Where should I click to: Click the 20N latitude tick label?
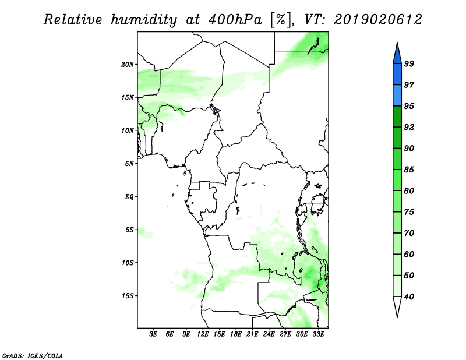coord(128,65)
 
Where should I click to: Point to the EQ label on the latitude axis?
coord(129,197)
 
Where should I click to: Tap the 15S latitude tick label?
coord(128,296)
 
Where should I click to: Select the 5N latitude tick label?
coord(129,164)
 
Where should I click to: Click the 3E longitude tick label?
coord(153,334)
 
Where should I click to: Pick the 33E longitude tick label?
coord(318,334)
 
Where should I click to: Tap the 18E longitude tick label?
coord(236,334)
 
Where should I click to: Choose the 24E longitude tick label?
coord(269,334)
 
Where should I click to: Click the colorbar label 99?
coord(409,63)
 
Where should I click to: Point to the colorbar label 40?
coord(409,297)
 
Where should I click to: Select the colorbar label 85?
coord(409,170)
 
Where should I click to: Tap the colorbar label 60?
coord(409,254)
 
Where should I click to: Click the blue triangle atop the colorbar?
coord(397,54)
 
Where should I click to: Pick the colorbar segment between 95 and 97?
coord(397,96)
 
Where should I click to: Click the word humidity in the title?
coord(144,20)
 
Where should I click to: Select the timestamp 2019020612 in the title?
coord(377,20)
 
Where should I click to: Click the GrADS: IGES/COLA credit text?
coord(33,355)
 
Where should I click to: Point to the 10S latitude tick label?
coord(128,263)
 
